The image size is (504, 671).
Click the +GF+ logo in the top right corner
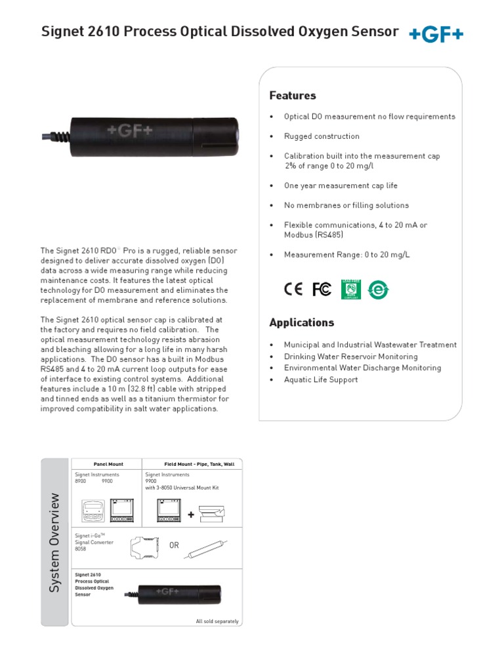pos(436,34)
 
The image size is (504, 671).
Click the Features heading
pos(293,96)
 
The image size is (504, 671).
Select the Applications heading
pos(302,322)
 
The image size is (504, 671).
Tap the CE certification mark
pos(293,289)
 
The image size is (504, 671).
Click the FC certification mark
pos(322,289)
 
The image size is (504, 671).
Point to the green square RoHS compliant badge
pos(351,289)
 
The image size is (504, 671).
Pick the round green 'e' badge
pos(378,290)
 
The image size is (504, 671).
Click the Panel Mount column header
pos(108,464)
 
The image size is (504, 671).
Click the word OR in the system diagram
pos(174,546)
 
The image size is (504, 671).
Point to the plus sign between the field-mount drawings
pos(191,515)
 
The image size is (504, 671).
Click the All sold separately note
pos(217,621)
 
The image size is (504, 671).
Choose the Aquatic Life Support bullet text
pos(321,380)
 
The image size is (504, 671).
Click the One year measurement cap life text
pos(341,185)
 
